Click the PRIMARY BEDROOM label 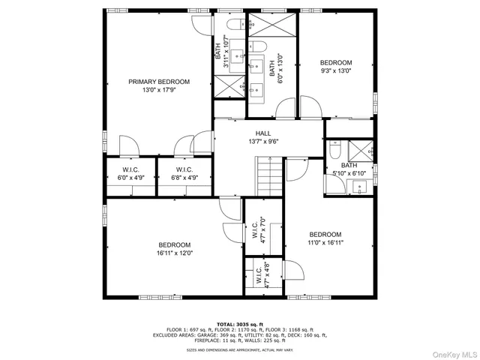pos(158,82)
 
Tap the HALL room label pos(262,133)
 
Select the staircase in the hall pos(268,175)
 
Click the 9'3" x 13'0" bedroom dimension pos(335,71)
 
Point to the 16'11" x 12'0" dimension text pos(174,253)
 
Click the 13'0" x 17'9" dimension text pos(158,90)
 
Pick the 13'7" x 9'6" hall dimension pos(262,141)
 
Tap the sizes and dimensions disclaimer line pos(239,349)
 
